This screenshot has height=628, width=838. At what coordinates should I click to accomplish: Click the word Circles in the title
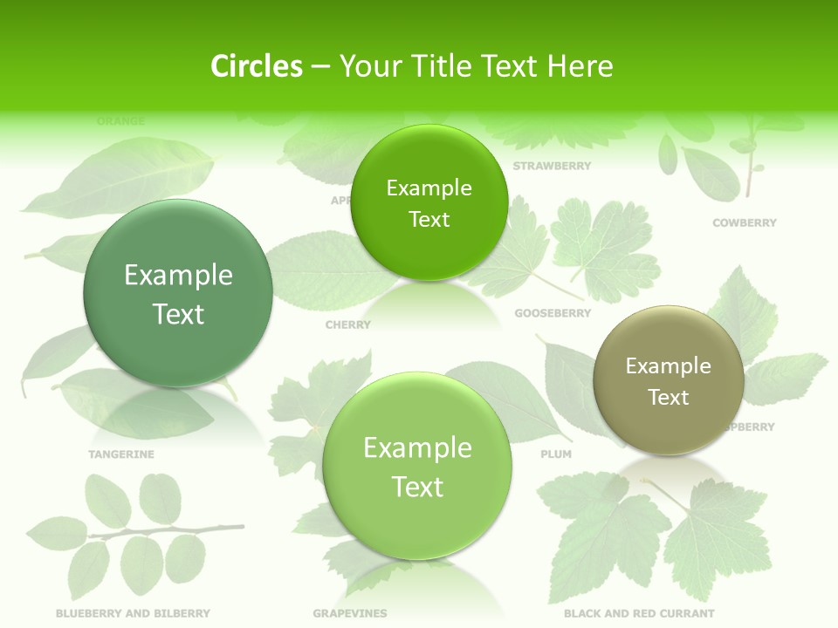point(257,66)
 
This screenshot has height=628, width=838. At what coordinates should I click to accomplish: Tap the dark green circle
point(178,293)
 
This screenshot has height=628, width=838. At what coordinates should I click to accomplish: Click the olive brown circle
point(669,380)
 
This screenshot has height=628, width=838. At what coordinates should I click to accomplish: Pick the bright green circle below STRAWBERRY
point(429,202)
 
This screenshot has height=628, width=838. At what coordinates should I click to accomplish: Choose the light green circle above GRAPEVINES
point(417,466)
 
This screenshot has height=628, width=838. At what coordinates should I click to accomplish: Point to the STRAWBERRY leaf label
point(552,166)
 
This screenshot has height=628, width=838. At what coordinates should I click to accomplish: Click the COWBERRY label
point(744,223)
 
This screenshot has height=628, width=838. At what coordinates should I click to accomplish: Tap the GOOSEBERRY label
point(553,313)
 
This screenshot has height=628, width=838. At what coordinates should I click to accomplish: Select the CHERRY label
point(347,324)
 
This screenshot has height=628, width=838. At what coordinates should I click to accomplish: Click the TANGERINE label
point(121,454)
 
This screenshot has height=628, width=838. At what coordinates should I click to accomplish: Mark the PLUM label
point(556,454)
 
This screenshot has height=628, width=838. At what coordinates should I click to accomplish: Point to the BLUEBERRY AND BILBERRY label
point(133,613)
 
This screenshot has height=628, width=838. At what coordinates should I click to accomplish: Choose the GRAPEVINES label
point(349,613)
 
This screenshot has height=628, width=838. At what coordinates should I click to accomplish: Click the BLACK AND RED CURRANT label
point(639,613)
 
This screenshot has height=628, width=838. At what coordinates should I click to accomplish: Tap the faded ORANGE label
point(120,121)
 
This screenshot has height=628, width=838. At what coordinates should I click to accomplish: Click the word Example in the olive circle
point(669,366)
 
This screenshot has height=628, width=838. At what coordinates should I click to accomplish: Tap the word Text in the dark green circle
point(178,314)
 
